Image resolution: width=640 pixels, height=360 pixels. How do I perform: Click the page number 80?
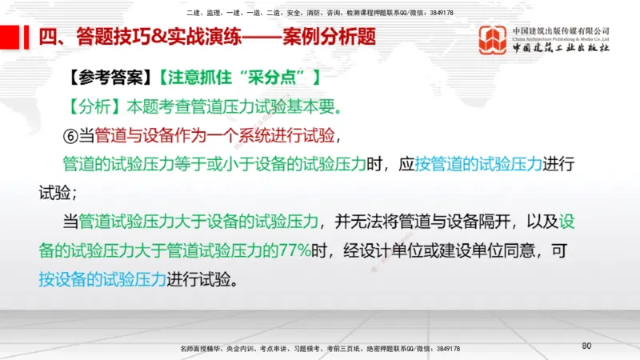tap(586, 346)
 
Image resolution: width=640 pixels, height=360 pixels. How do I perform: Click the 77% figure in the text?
tap(294, 250)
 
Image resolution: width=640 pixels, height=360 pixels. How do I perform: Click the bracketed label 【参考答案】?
tap(111, 78)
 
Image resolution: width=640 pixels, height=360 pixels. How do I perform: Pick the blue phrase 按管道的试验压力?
tap(478, 163)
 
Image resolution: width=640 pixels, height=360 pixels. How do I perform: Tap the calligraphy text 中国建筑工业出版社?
tap(561, 48)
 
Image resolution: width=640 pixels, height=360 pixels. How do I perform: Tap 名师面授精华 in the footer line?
tap(202, 349)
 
